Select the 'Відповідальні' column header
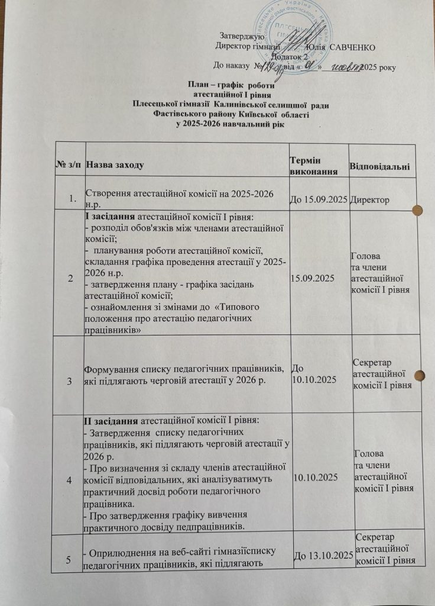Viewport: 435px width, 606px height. (379, 163)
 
